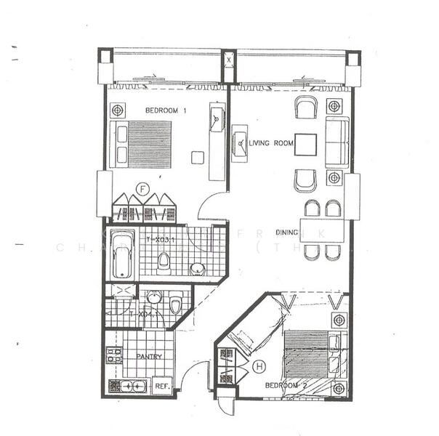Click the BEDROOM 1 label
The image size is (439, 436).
[x=166, y=110]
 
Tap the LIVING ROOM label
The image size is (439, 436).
[x=271, y=144]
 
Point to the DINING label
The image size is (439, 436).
[x=286, y=233]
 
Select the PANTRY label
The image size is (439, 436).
[x=149, y=357]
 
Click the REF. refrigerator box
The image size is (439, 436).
[x=162, y=387]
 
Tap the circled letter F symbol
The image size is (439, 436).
[x=144, y=190]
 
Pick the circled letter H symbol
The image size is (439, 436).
[x=259, y=368]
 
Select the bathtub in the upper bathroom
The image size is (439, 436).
[x=122, y=254]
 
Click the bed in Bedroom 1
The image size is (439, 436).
[x=143, y=144]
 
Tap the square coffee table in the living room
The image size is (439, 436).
[x=306, y=145]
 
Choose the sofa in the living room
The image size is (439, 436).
[x=337, y=140]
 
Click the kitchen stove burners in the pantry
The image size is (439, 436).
[x=113, y=355]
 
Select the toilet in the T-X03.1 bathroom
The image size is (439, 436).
[x=166, y=260]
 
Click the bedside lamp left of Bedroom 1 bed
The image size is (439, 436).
[x=116, y=110]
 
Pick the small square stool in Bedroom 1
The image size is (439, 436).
[x=197, y=157]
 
